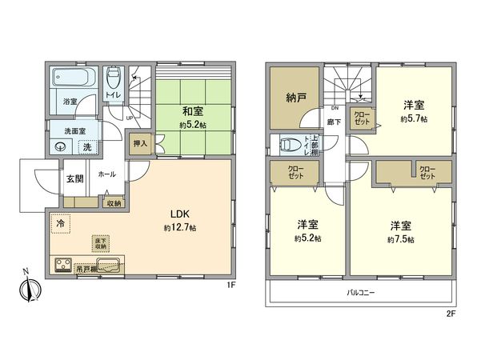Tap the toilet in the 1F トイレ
pos(114,78)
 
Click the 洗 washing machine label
pos(88,146)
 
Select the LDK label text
pos(178,214)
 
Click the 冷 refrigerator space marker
pos(61,225)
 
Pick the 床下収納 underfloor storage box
pos(101,243)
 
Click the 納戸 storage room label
pos(297,98)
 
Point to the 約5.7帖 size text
pos(413,118)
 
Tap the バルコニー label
pos(362,293)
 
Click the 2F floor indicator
pos(450,313)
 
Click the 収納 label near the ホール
pos(114,203)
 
